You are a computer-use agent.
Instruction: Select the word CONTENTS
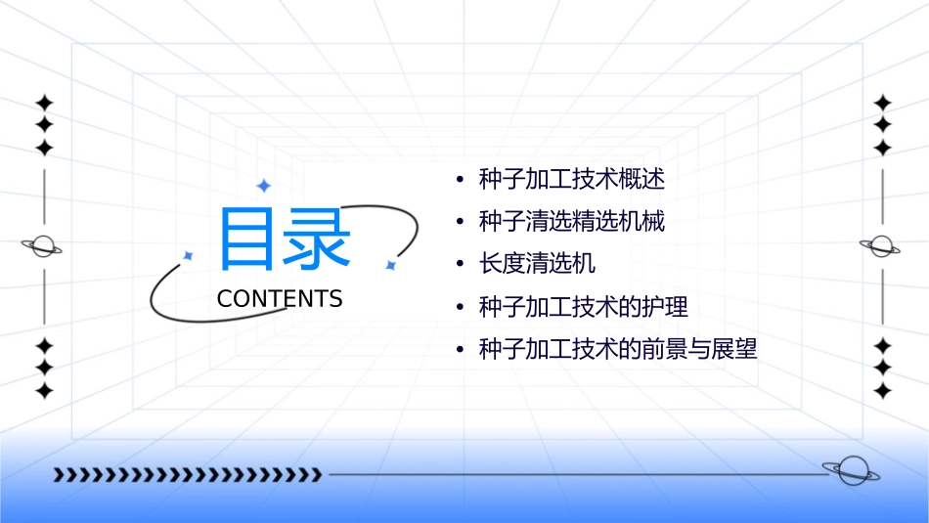coord(280,299)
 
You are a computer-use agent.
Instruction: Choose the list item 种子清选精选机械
coord(571,222)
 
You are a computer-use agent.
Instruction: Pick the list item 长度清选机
coord(537,264)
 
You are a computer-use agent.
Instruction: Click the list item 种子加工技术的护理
coord(583,307)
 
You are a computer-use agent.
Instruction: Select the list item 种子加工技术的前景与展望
coord(617,349)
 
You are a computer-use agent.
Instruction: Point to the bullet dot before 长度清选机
coord(460,265)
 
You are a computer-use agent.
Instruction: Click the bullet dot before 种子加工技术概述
coord(460,181)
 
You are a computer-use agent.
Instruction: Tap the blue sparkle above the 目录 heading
coord(262,186)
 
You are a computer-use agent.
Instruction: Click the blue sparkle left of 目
coord(188,255)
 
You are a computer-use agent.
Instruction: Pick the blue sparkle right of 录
coord(390,265)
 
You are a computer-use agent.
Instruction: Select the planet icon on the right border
coord(882,246)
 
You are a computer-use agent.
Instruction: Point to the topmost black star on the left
coord(44,103)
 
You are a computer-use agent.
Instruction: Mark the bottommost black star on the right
coord(883,391)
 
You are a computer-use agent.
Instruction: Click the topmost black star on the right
coord(883,103)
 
